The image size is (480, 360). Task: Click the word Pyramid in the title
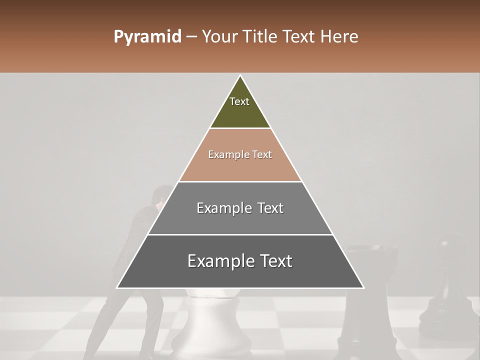(147, 37)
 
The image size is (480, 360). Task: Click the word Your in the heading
(219, 37)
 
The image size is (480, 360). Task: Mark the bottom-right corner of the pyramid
(363, 287)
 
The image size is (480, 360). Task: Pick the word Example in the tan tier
(223, 154)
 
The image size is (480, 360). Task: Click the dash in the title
(191, 37)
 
